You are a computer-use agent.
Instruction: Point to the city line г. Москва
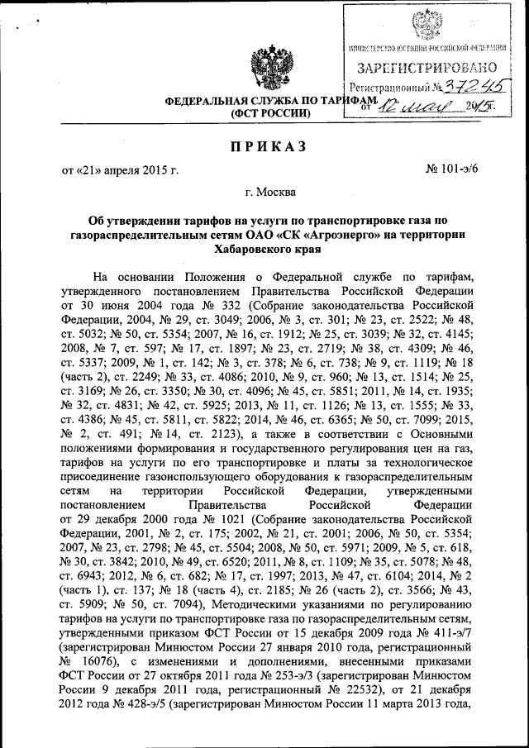coord(265,195)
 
